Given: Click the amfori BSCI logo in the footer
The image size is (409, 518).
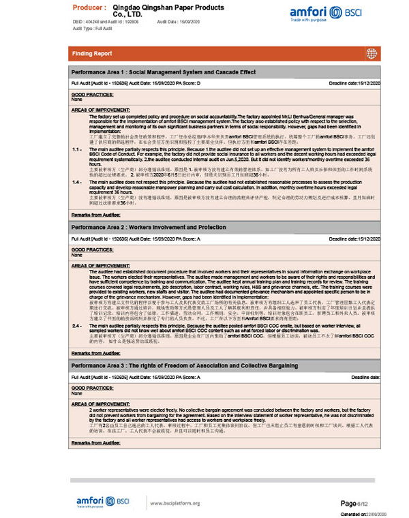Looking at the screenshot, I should point(102,502).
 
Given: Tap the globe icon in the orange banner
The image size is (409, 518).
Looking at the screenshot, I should point(371,53).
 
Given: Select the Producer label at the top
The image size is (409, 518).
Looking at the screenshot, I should point(89,7).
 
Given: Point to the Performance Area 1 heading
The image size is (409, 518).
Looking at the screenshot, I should point(164,72).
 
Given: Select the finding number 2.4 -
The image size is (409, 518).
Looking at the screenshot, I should point(77,326).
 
